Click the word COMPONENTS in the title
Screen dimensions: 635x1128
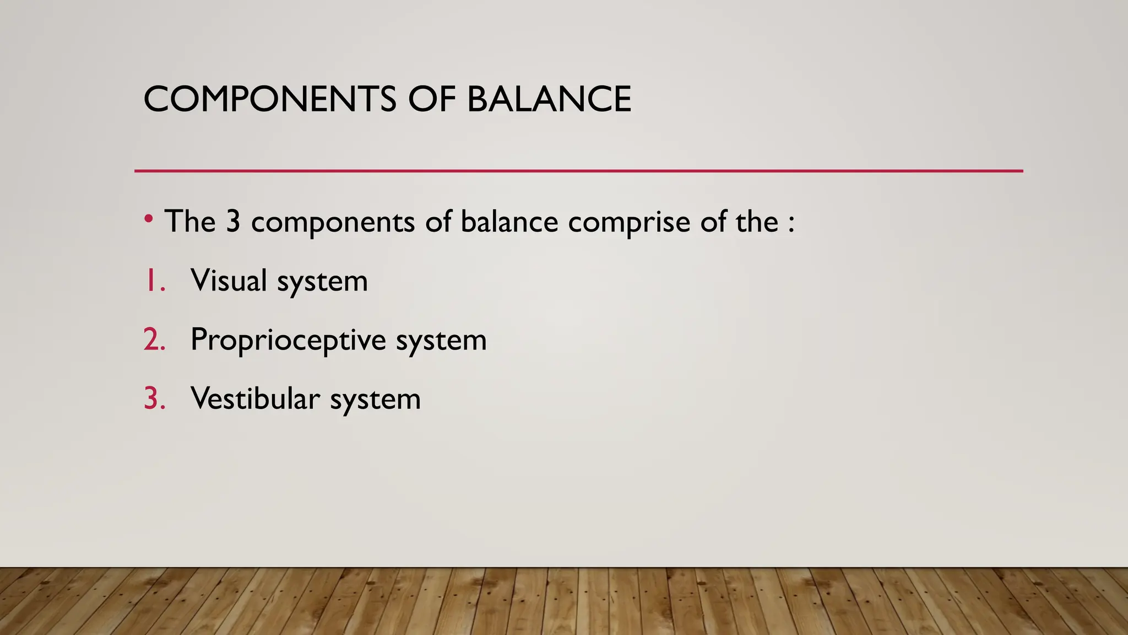tap(269, 100)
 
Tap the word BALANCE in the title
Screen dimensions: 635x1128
tap(549, 100)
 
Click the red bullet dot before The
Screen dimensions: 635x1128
tap(148, 219)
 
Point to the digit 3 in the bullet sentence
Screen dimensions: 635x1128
tap(234, 222)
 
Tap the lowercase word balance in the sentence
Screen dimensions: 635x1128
tap(509, 222)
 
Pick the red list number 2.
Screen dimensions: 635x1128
tap(154, 340)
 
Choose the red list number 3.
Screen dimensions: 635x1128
tap(154, 399)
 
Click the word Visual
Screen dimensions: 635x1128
tap(229, 281)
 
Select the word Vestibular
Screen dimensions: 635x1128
tap(255, 399)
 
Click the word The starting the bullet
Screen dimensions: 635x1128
tap(190, 222)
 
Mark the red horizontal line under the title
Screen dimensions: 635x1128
tap(578, 171)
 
